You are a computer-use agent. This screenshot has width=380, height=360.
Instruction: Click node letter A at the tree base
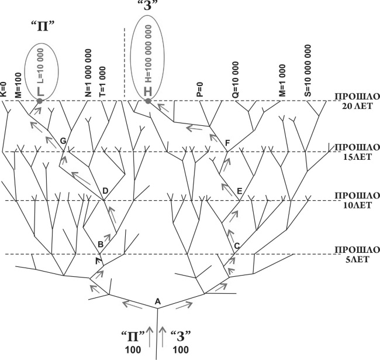click(157, 301)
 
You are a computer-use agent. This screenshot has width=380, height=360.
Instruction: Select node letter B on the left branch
click(101, 244)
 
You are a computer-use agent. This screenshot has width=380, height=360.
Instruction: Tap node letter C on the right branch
click(237, 245)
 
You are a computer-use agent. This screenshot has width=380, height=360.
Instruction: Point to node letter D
click(105, 191)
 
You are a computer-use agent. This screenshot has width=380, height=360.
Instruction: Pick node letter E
click(239, 191)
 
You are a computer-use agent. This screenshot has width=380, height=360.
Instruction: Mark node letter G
click(63, 140)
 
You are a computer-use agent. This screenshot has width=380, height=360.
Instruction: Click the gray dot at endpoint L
click(39, 101)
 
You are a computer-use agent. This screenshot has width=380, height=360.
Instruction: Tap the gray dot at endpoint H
click(148, 101)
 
